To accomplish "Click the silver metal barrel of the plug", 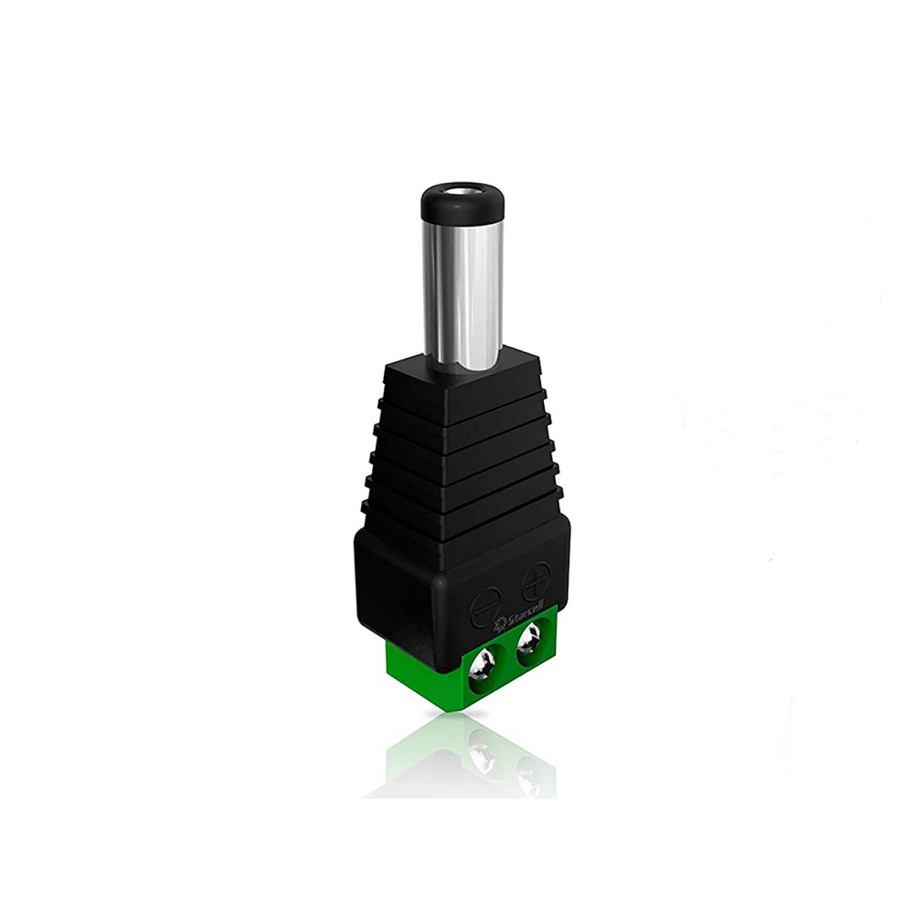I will tap(451, 286).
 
